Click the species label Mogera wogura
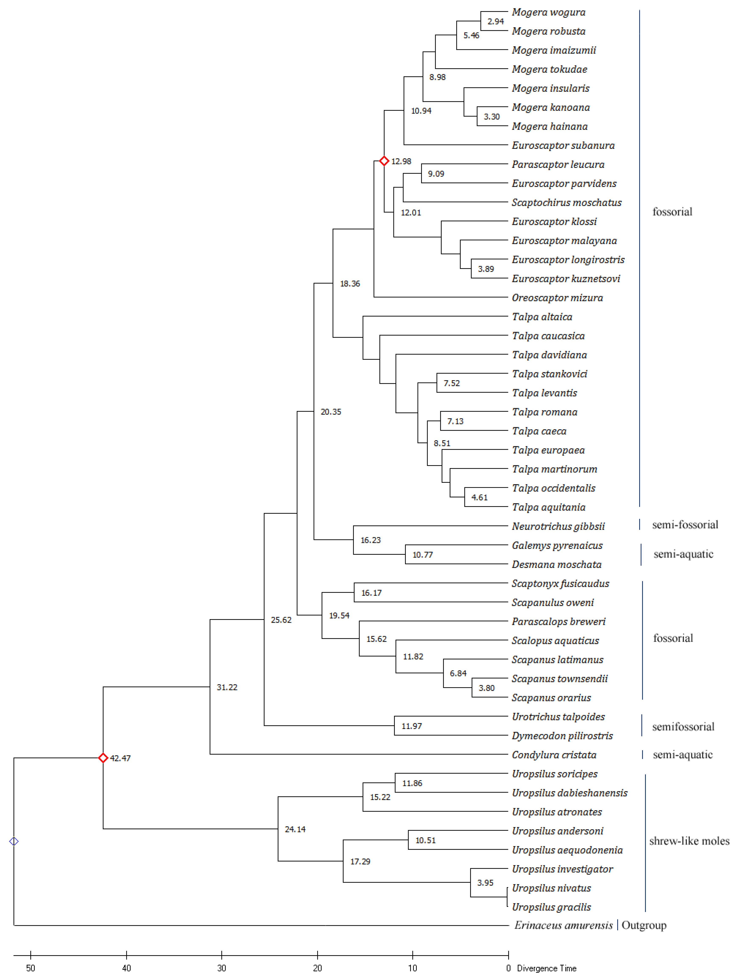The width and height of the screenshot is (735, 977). [548, 12]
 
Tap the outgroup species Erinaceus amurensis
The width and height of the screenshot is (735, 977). [563, 925]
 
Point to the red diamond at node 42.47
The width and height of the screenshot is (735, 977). [103, 758]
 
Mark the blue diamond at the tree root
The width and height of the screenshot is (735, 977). [14, 841]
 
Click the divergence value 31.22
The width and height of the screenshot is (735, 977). [227, 687]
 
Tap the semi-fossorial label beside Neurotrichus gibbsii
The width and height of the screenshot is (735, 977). [685, 525]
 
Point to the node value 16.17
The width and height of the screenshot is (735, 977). [371, 593]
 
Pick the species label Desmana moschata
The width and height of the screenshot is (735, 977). [556, 564]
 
